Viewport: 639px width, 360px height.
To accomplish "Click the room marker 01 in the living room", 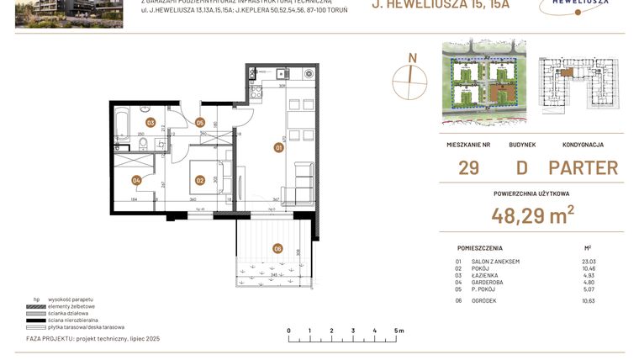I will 278,148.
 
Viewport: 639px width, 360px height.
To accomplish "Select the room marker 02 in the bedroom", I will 200,179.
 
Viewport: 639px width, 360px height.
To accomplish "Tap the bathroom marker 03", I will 151,123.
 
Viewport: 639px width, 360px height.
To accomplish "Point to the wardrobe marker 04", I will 136,179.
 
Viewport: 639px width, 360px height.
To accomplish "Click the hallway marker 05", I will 200,123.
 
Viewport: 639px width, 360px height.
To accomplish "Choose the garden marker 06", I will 277,248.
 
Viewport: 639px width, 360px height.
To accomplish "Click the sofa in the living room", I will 300,185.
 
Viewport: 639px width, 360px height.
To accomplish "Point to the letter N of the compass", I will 412,58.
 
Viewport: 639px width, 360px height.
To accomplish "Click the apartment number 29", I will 468,167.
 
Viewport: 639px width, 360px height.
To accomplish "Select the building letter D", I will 521,167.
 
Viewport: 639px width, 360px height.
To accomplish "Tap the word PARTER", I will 583,167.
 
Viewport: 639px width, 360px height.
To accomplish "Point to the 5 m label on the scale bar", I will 397,331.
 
